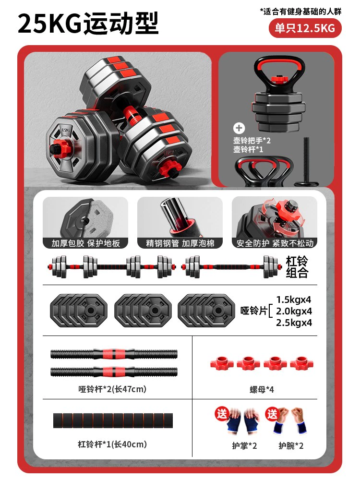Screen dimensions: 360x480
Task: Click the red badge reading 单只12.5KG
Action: (305, 28)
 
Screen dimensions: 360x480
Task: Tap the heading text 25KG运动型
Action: (88, 23)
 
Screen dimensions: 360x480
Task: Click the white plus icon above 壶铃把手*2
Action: (239, 128)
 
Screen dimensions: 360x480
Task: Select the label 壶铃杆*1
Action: (248, 149)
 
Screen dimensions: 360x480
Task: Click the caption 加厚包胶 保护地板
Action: (85, 243)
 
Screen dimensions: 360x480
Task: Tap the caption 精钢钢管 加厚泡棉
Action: (180, 243)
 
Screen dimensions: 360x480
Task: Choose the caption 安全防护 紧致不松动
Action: (275, 243)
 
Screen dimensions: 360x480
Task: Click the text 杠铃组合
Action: (297, 266)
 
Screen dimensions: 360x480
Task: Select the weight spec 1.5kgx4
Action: (294, 300)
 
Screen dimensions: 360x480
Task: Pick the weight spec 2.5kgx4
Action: (294, 323)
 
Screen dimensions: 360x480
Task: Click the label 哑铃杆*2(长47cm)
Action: (112, 389)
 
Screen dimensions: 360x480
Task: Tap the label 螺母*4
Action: (262, 389)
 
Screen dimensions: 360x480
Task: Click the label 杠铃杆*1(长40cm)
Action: (112, 444)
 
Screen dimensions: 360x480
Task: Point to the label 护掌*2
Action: (244, 446)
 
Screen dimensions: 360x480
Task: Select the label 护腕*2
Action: (291, 446)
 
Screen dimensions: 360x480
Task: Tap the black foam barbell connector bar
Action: (113, 420)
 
